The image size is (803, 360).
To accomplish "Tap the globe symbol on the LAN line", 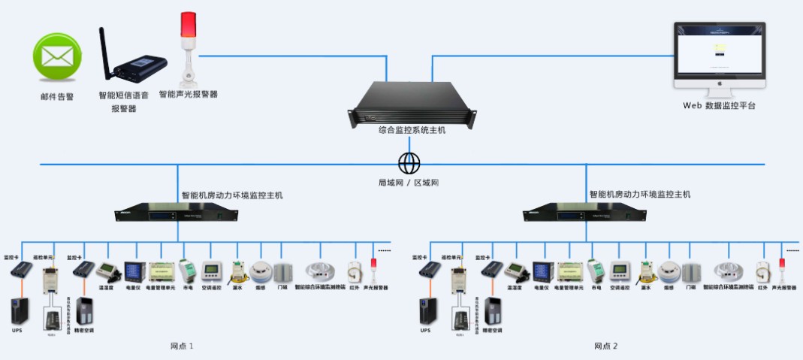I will point(409,163).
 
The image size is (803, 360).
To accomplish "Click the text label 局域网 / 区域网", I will point(409,183).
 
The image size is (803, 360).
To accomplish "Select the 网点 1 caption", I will point(182,346).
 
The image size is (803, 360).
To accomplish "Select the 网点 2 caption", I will point(605,346).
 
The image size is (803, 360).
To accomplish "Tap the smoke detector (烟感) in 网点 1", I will point(260,271).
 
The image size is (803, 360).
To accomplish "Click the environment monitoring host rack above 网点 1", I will point(177,214).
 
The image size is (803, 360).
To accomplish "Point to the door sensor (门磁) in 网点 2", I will point(690,271).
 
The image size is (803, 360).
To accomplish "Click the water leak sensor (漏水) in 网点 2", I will point(645,272).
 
